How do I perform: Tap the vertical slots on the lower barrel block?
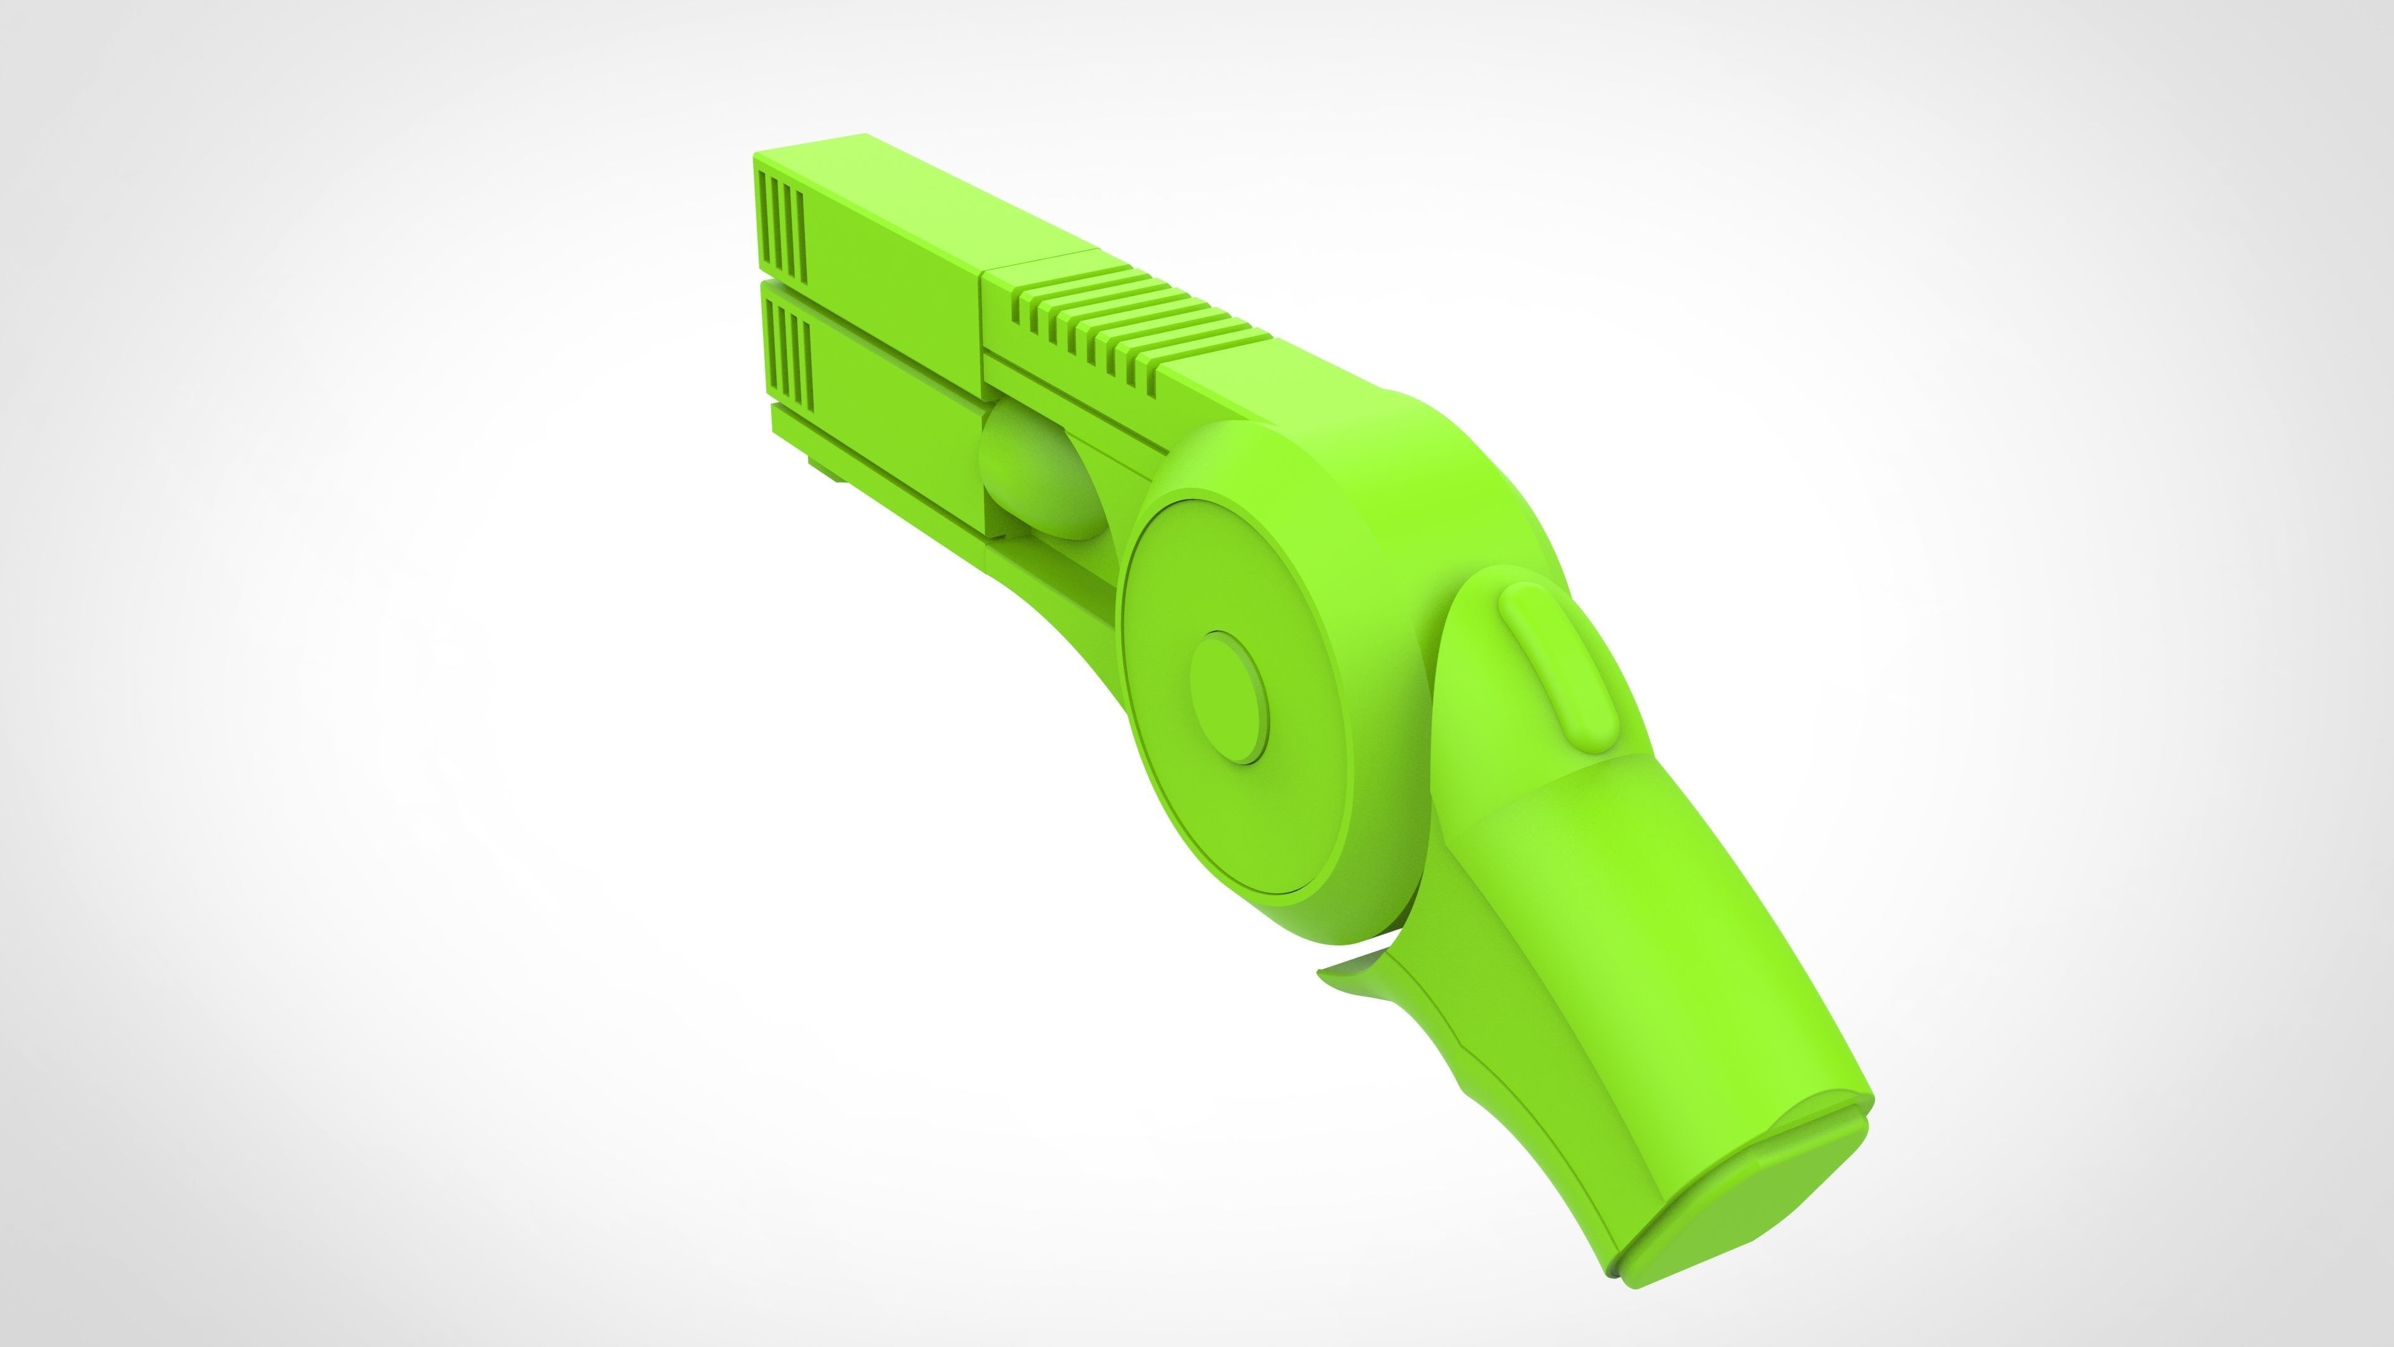click(x=786, y=358)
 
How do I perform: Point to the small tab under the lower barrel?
click(x=827, y=465)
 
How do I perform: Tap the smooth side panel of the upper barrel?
click(x=892, y=260)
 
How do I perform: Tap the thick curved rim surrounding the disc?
click(x=1413, y=521)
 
